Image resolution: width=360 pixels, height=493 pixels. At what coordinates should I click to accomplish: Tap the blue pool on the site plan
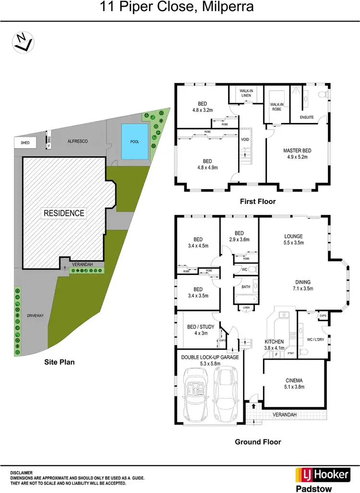click(x=134, y=142)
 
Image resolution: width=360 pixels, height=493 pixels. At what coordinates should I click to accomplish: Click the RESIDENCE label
click(x=64, y=213)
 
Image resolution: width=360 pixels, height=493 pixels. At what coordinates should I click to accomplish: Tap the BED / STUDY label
click(x=198, y=327)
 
